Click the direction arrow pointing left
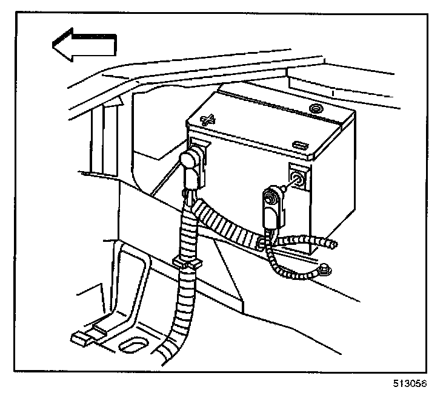pos(84,46)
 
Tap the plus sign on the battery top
pos(208,119)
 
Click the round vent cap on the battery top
pos(315,109)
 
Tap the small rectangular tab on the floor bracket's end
pos(79,338)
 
